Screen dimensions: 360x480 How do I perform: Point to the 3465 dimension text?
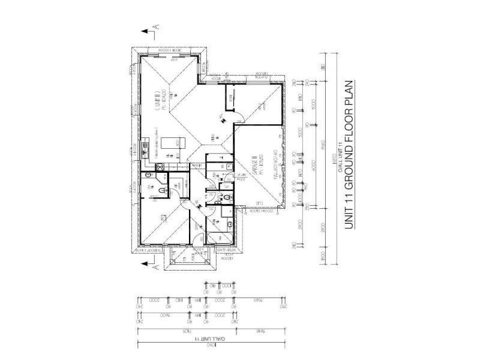pyautogui.click(x=258, y=299)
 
